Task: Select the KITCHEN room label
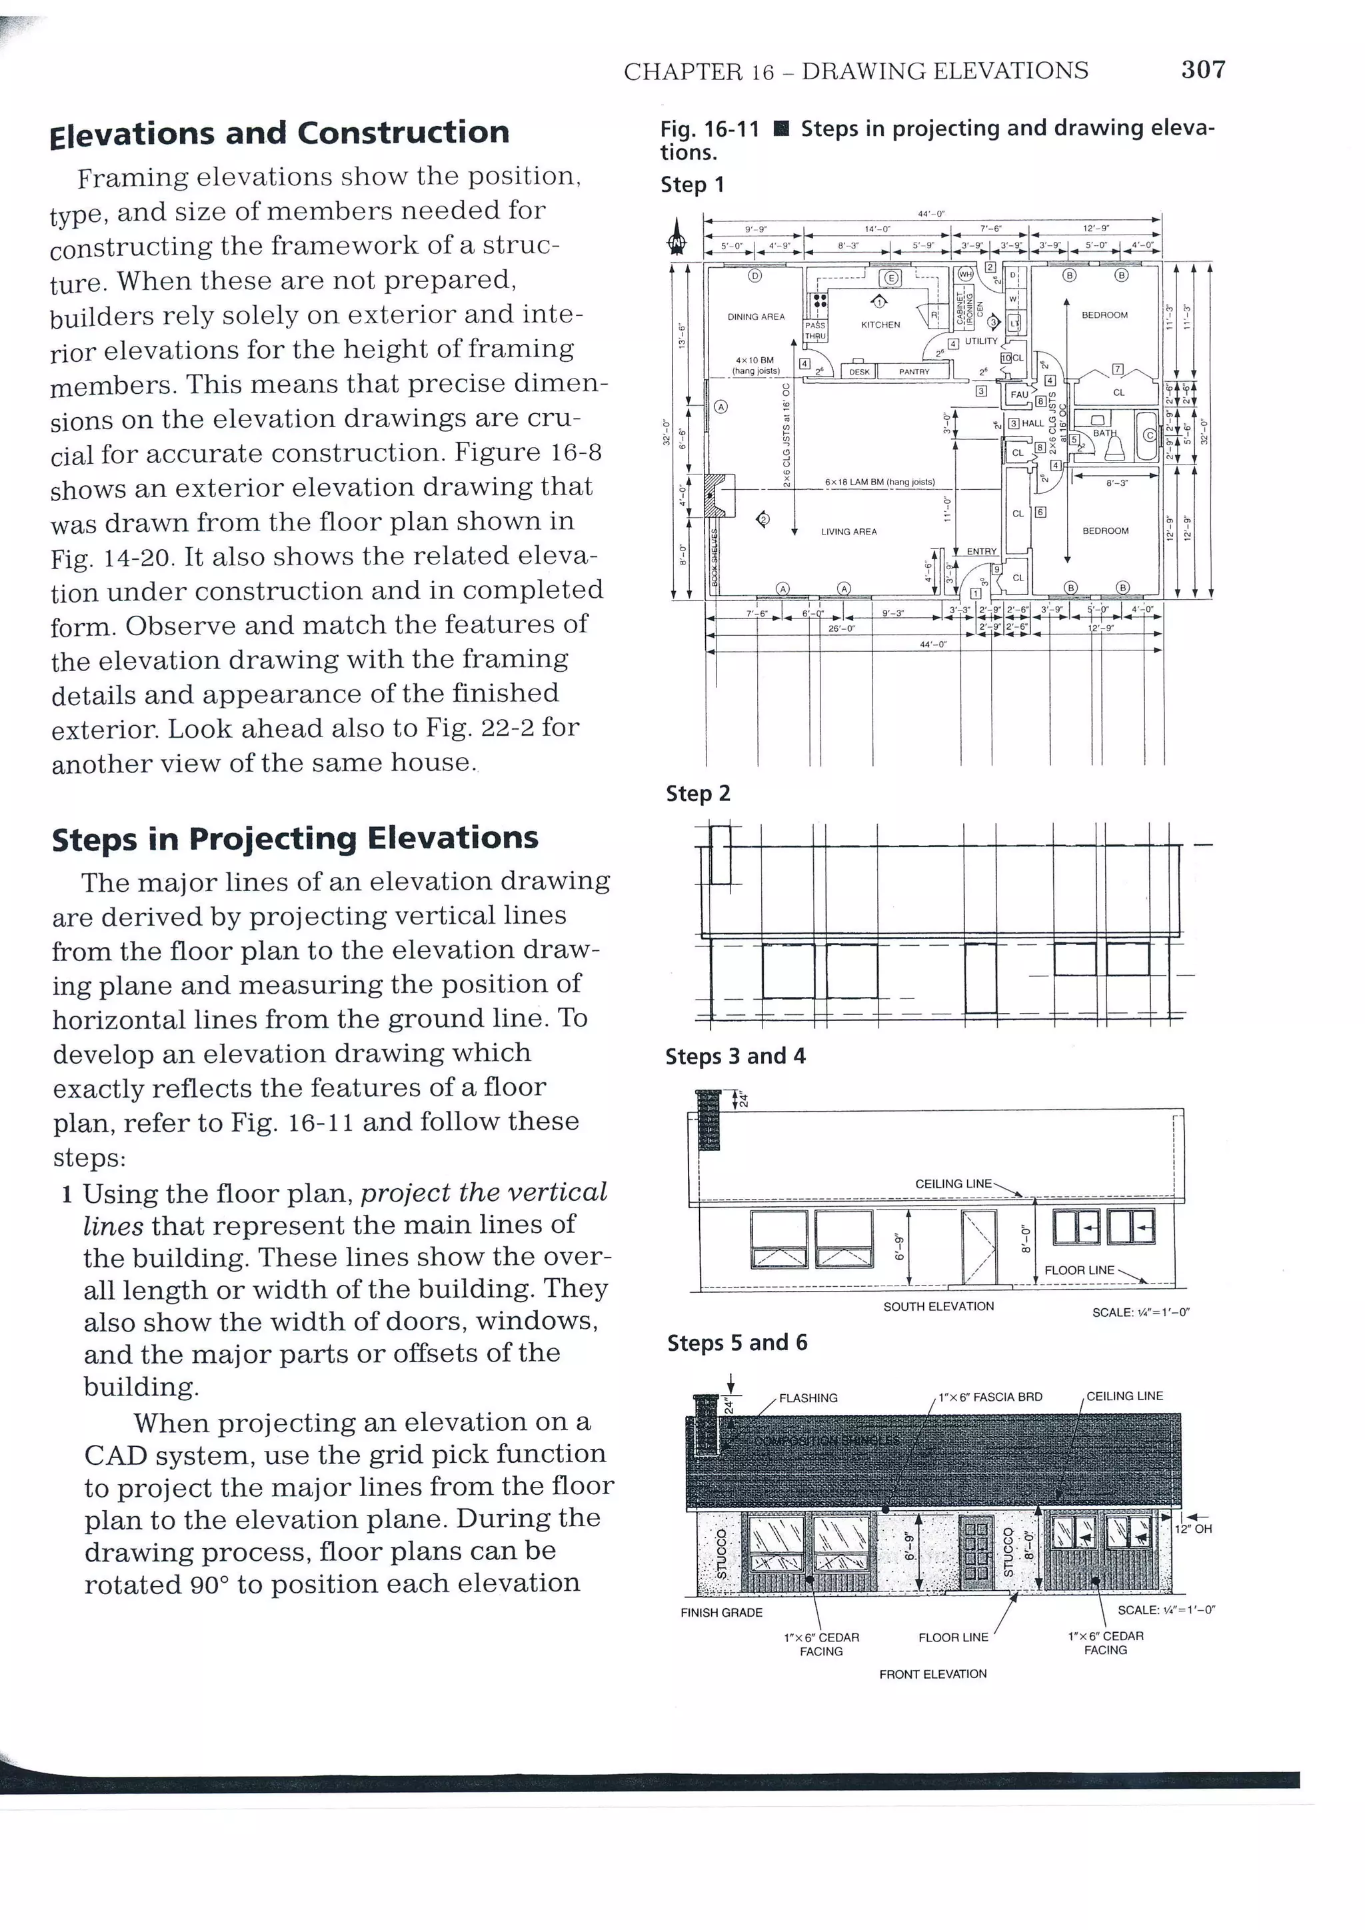880,325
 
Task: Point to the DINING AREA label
756,317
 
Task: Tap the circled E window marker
892,278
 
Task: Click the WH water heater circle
965,274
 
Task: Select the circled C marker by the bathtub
1149,435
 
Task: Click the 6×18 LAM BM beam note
879,482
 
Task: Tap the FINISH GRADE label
721,1612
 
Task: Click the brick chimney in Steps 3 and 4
708,1120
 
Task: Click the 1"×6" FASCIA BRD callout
990,1397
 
